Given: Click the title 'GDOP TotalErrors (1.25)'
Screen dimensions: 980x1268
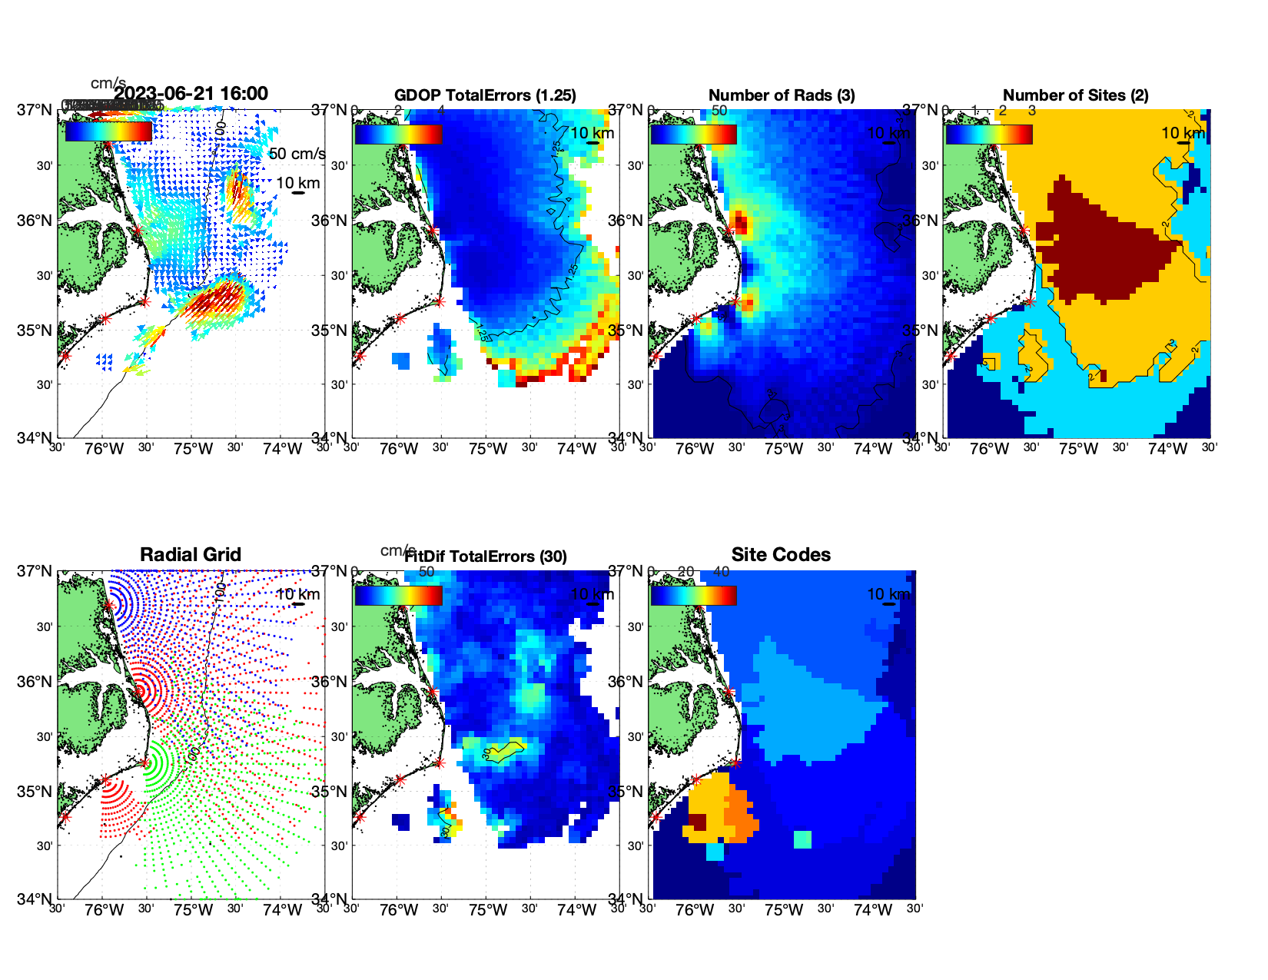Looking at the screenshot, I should click(485, 95).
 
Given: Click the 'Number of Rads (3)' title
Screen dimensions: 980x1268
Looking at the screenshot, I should click(782, 95).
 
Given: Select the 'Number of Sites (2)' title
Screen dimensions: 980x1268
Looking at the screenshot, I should click(1075, 95).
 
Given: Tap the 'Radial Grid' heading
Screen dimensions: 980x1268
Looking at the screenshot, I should click(191, 555).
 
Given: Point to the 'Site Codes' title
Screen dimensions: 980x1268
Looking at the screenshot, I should click(781, 555).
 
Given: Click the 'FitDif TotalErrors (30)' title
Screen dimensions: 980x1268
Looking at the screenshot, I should click(486, 556).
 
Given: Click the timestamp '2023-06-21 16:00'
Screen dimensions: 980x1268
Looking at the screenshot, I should click(191, 94).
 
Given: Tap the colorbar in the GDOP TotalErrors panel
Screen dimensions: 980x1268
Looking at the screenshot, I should click(399, 134).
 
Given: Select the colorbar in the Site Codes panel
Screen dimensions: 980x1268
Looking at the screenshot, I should click(694, 595).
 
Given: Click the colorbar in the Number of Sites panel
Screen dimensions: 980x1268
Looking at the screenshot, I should click(989, 134).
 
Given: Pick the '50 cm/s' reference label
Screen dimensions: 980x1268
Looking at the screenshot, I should click(297, 154).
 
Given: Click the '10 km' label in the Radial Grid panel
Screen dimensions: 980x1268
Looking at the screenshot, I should click(297, 594).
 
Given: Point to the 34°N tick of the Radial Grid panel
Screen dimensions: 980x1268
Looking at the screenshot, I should click(35, 899).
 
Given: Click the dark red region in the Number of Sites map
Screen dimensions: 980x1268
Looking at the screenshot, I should click(1099, 246).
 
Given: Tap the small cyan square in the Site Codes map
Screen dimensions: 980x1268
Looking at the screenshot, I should click(802, 839).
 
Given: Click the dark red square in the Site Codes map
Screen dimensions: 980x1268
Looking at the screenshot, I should click(697, 822).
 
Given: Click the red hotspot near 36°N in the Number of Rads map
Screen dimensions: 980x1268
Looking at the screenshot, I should click(740, 224).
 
